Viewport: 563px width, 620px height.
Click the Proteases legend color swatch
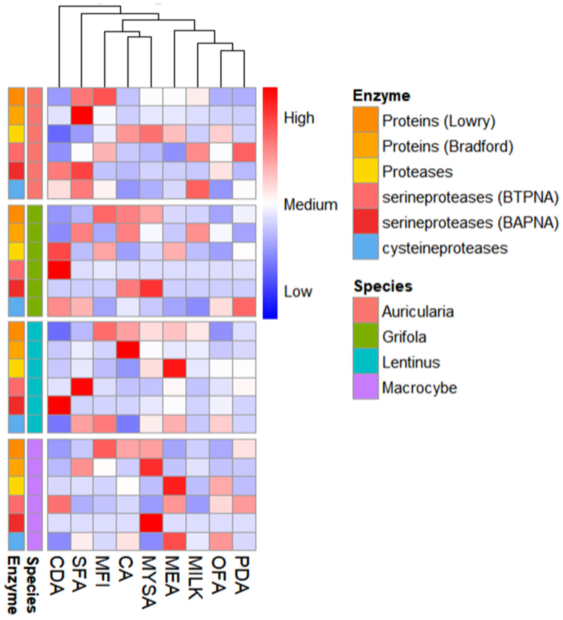coord(365,171)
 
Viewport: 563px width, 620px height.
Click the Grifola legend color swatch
coord(365,336)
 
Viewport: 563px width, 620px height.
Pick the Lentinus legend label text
coord(411,362)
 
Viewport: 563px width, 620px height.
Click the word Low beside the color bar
coord(298,291)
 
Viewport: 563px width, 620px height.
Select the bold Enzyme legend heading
coord(381,96)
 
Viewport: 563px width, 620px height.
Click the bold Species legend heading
coord(383,286)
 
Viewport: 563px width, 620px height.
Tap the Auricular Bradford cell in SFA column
coord(82,115)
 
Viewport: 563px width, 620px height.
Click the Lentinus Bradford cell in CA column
coord(128,350)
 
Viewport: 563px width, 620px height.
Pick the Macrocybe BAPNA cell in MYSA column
coord(151,523)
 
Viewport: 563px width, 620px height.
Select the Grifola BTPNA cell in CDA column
coord(59,270)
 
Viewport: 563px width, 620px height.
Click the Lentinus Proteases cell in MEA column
coord(174,368)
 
